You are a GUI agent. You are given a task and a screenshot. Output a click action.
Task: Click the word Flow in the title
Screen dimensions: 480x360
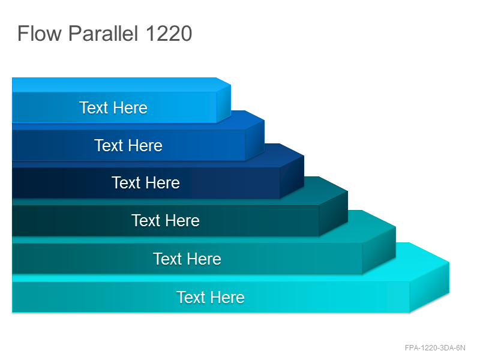pyautogui.click(x=40, y=33)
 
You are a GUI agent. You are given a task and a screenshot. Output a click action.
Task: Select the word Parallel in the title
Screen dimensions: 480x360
pyautogui.click(x=103, y=33)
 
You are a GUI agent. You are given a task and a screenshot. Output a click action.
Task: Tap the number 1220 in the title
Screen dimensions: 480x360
pyautogui.click(x=169, y=33)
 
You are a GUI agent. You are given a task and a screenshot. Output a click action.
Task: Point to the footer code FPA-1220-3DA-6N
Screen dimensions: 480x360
pyautogui.click(x=434, y=348)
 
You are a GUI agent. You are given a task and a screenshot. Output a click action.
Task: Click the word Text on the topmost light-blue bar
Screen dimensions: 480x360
pyautogui.click(x=94, y=108)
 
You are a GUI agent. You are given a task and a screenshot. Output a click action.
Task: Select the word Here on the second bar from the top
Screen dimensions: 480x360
pyautogui.click(x=145, y=145)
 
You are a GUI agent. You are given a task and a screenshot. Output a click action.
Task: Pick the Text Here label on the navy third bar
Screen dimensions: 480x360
pyautogui.click(x=145, y=183)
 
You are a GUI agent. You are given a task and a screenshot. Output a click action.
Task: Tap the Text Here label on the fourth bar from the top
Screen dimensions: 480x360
pyautogui.click(x=166, y=220)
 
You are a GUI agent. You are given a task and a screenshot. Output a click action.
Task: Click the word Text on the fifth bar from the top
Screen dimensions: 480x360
pyautogui.click(x=167, y=259)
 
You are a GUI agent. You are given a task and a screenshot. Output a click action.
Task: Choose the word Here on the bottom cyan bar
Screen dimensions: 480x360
pyautogui.click(x=227, y=297)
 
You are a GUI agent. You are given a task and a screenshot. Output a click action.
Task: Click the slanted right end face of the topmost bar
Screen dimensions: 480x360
pyautogui.click(x=223, y=104)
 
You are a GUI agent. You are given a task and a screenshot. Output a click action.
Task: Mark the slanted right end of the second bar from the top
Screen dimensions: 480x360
pyautogui.click(x=254, y=140)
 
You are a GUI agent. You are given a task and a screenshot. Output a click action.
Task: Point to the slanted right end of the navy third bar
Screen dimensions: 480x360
pyautogui.click(x=292, y=176)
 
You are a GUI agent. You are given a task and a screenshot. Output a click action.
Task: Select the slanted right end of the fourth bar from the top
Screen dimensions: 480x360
pyautogui.click(x=333, y=214)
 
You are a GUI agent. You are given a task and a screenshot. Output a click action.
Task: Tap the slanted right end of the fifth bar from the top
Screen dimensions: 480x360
pyautogui.click(x=379, y=250)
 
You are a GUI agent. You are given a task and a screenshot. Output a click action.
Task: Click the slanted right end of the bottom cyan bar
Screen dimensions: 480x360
pyautogui.click(x=429, y=287)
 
